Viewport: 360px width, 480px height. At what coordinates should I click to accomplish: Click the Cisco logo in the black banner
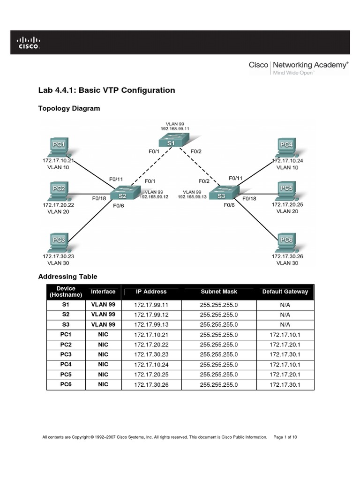29,42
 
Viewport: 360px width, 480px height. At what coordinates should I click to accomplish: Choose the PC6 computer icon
286,242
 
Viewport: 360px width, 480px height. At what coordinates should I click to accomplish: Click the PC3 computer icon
58,243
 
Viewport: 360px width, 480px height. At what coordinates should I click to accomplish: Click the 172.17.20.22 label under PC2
58,205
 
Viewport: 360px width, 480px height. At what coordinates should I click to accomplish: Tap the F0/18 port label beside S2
99,198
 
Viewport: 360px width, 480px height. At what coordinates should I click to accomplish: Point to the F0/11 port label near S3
236,178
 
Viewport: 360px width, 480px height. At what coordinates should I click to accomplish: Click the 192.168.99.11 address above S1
175,128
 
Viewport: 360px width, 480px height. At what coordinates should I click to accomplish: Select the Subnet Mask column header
219,292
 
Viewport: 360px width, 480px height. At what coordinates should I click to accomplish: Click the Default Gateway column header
285,292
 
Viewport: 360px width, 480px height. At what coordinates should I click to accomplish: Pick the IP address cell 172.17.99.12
151,315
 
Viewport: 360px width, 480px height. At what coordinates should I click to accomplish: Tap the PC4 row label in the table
65,364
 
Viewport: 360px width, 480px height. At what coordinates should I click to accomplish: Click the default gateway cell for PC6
285,385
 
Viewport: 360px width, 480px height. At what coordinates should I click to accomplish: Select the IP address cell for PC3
151,354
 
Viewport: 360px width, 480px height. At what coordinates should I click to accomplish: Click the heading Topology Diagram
69,108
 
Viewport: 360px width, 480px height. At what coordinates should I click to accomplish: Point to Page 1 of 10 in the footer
285,437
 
